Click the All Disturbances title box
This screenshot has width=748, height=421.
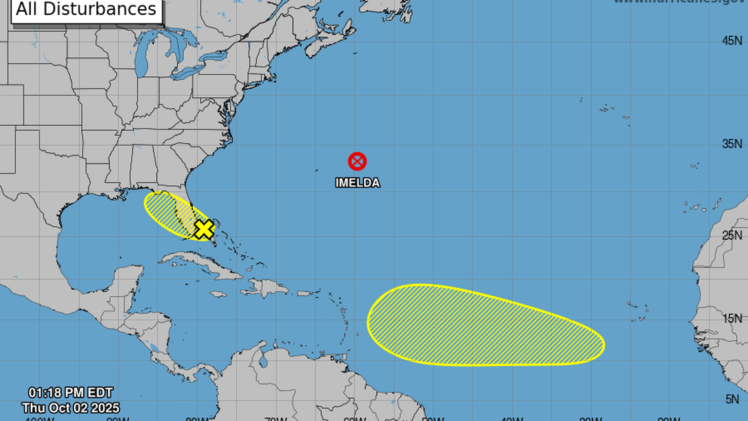coord(87,10)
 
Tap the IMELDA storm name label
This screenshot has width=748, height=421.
coord(358,183)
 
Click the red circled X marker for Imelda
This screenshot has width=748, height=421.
coord(357,161)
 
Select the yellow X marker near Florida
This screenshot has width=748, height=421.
coord(204,229)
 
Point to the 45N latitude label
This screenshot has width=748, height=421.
coord(732,41)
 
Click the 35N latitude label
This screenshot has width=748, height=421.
coord(732,144)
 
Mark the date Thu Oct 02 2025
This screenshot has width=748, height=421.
coord(70,408)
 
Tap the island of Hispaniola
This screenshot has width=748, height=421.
coord(266,287)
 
